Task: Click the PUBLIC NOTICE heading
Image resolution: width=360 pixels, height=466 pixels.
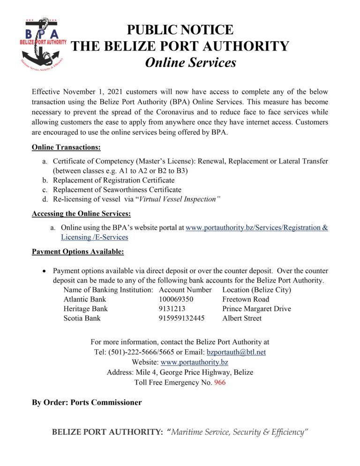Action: [180, 30]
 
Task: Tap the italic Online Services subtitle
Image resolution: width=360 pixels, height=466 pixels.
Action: [190, 62]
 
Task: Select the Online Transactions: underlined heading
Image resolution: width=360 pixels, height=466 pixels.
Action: [66, 147]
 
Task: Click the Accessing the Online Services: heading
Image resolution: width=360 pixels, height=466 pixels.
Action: [81, 214]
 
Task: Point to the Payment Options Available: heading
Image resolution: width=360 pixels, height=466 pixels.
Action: [78, 252]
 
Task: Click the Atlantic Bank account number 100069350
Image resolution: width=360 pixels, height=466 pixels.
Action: [176, 299]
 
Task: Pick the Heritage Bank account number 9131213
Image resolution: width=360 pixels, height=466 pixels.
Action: [173, 308]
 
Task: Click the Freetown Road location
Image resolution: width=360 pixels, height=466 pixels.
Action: [246, 299]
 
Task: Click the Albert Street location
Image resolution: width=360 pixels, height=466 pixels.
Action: [242, 318]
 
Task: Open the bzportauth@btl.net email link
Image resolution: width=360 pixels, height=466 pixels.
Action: [236, 352]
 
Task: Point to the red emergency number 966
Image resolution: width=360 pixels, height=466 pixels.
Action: [219, 383]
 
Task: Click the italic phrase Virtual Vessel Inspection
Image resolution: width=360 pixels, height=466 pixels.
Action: [180, 199]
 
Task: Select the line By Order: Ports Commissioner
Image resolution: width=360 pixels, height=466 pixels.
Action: [87, 402]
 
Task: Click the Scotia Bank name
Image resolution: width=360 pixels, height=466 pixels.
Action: [82, 318]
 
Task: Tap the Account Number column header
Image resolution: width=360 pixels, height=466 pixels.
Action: [185, 290]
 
